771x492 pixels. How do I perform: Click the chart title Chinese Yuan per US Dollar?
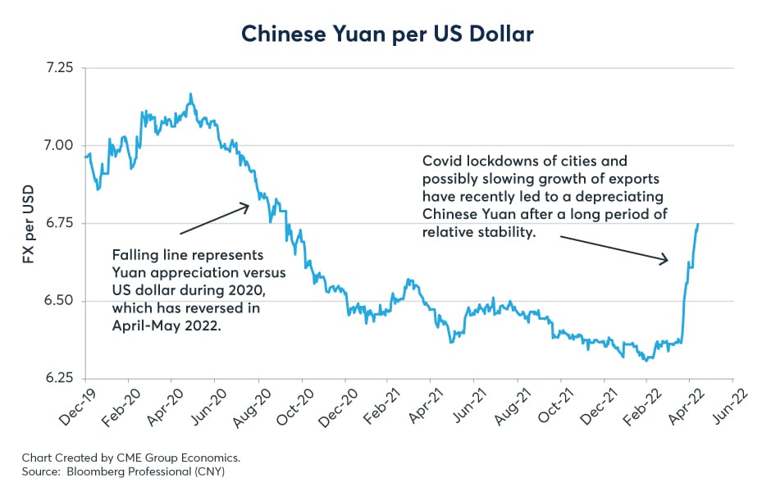385,34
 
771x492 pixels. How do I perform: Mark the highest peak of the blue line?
191,94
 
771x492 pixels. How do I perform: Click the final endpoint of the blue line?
698,224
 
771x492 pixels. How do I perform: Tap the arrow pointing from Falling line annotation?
213,220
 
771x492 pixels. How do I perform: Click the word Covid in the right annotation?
440,162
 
